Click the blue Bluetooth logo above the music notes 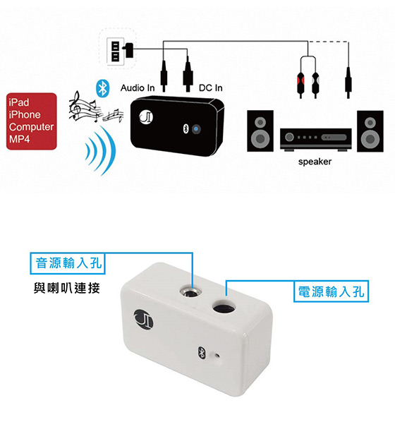[x=102, y=88]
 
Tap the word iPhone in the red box [x=25, y=114]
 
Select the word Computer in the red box [x=31, y=127]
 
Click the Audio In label [x=138, y=88]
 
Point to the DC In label [x=210, y=88]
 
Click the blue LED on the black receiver [x=196, y=129]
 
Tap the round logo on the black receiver [x=146, y=117]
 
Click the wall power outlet [x=116, y=51]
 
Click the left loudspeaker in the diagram [x=260, y=131]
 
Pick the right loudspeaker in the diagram [x=370, y=131]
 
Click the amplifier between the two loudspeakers [x=315, y=138]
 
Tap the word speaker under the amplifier [x=315, y=162]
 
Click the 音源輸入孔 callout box [x=67, y=263]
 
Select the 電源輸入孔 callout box [x=331, y=291]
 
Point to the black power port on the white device [x=224, y=306]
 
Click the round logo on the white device [x=143, y=320]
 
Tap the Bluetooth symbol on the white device [x=201, y=353]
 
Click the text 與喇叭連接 [x=67, y=288]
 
